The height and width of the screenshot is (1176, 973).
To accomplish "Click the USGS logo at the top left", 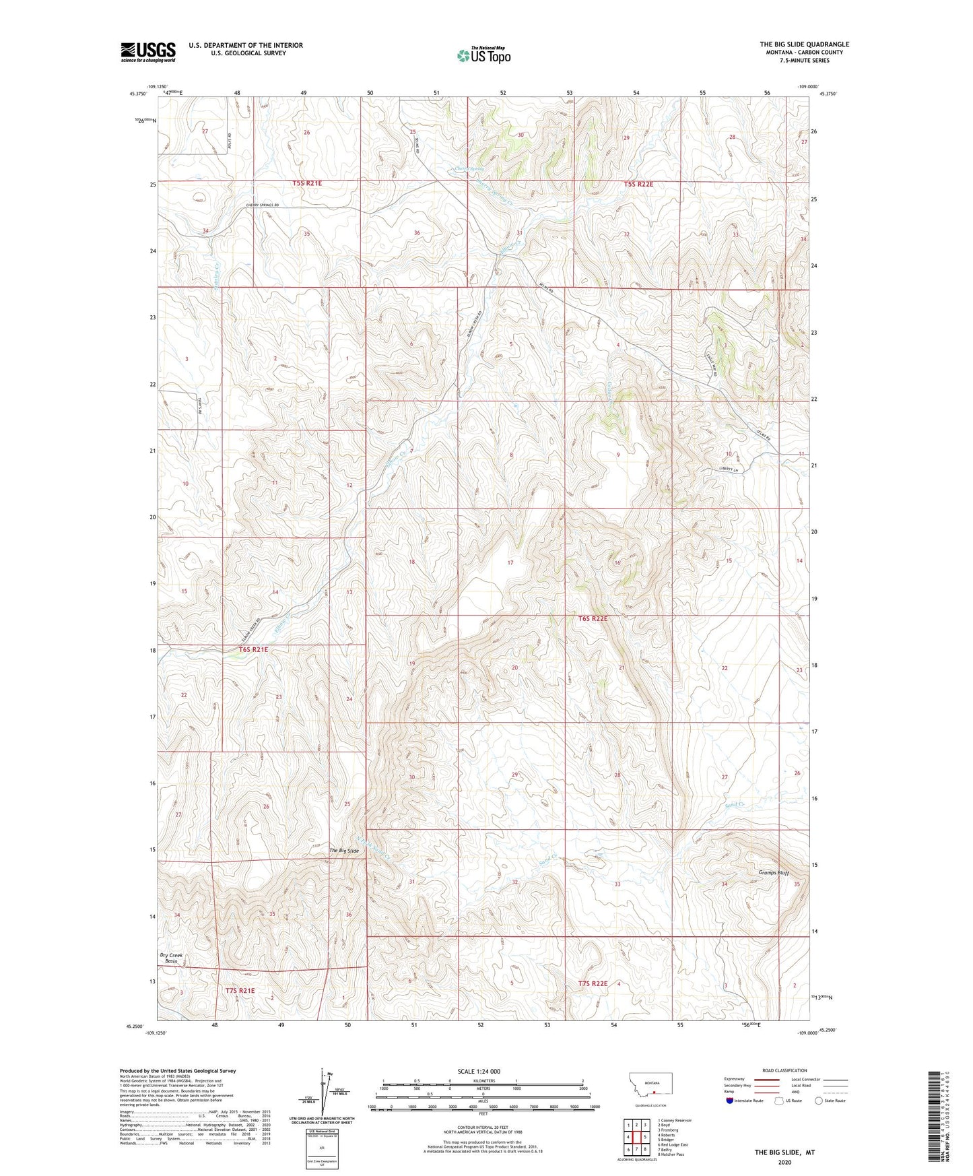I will [x=148, y=52].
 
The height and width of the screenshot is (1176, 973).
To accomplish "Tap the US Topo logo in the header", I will [x=483, y=55].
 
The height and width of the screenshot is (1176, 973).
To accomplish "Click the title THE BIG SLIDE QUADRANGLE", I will [x=804, y=44].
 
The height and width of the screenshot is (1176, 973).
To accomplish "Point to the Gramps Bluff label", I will [x=769, y=873].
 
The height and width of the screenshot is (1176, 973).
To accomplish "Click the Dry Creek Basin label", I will [x=171, y=958].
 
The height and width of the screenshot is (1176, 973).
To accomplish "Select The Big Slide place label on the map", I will [x=343, y=851].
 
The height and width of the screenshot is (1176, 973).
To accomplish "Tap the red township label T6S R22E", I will [x=593, y=618].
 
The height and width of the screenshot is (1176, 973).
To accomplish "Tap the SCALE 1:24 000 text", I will [x=479, y=1071].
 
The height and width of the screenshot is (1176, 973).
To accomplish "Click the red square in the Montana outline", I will [x=653, y=1093].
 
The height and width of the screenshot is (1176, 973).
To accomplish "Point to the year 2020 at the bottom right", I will [x=784, y=1163].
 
